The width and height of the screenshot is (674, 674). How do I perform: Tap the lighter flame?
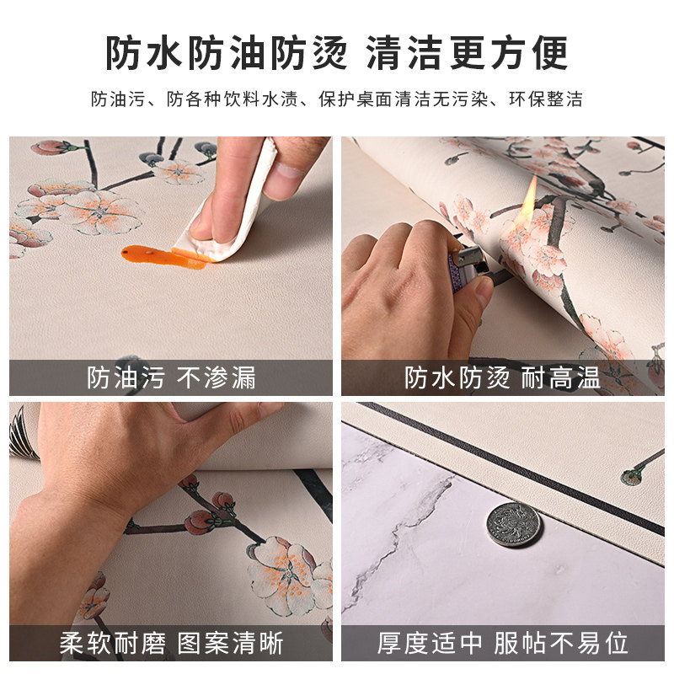pos(531,200)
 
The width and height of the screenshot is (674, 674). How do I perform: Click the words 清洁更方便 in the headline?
pos(468,53)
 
